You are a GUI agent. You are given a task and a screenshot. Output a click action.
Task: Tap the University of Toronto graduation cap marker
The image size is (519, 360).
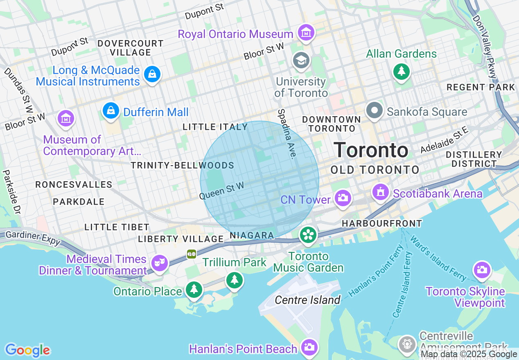point(301,61)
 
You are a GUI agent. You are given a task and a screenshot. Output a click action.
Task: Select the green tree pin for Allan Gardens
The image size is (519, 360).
point(402,72)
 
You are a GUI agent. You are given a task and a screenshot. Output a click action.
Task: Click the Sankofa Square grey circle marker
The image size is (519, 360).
point(374,110)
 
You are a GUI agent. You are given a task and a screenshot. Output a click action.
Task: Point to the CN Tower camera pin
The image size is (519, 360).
point(343,198)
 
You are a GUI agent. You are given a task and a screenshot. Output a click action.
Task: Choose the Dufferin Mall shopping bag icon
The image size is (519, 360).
point(111,110)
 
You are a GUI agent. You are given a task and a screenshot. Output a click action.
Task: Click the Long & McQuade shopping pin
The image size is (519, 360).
point(152,74)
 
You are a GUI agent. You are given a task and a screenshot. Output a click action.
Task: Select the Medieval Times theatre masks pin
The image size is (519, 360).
point(159,261)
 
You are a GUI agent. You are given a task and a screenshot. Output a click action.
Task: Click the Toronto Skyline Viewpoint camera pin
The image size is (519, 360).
point(482,270)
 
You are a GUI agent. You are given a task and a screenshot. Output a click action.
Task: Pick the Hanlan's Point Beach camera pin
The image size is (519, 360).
point(309,347)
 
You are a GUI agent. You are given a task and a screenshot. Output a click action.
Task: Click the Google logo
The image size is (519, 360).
point(27,350)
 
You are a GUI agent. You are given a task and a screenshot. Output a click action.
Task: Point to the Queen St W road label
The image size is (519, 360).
point(221,191)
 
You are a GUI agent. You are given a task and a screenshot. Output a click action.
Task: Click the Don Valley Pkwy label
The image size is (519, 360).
point(485,47)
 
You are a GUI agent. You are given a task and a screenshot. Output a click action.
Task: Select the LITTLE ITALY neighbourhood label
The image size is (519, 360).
point(215,127)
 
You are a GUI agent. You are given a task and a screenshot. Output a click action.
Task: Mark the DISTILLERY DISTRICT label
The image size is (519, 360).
point(474,159)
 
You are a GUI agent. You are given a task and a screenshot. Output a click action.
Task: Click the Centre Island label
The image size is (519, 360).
point(307,300)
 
